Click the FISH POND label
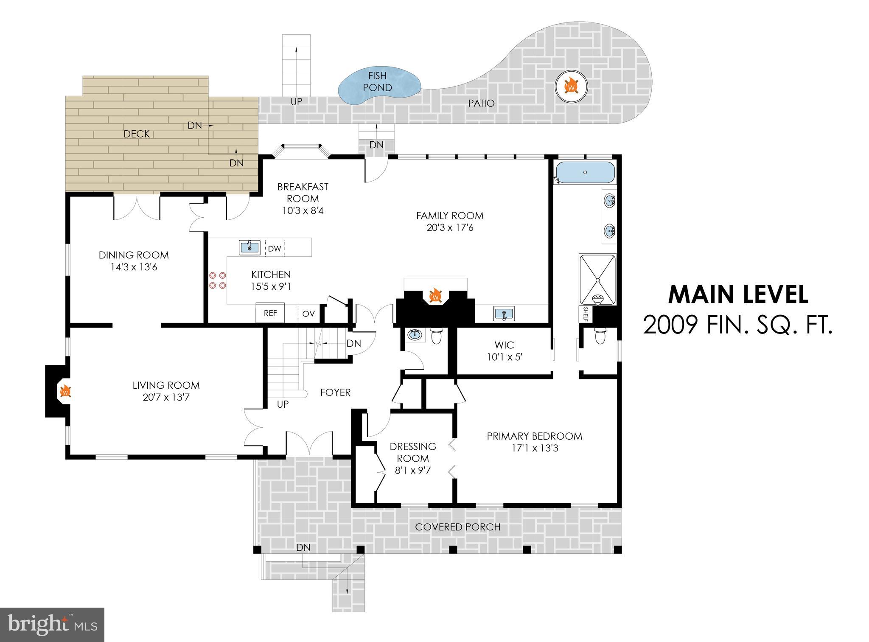click(377, 82)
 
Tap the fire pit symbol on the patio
click(571, 87)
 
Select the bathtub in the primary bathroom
click(585, 173)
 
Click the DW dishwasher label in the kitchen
click(275, 248)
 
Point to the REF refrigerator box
click(270, 313)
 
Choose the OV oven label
click(308, 314)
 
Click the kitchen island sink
click(249, 247)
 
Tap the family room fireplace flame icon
click(435, 295)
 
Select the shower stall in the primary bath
click(597, 280)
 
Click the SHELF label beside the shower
click(586, 314)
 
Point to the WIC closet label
click(504, 345)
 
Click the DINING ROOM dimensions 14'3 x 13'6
click(134, 267)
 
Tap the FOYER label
click(335, 392)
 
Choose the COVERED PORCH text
click(457, 527)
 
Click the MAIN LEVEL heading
click(738, 295)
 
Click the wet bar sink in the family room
click(504, 314)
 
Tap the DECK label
click(137, 134)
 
